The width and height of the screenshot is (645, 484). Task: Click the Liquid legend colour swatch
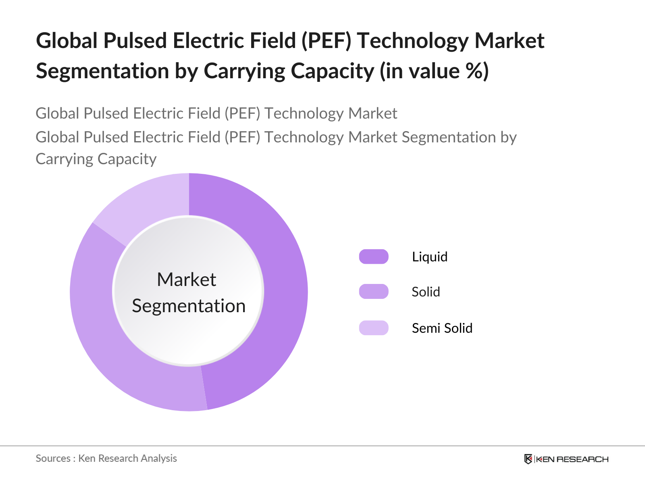click(374, 257)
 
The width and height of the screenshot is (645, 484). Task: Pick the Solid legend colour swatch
click(374, 292)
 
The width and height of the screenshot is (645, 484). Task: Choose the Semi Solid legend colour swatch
click(374, 328)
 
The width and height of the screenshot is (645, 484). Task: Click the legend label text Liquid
click(429, 257)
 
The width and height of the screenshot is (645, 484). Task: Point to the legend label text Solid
click(426, 292)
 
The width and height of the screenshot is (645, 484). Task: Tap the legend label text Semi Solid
click(442, 328)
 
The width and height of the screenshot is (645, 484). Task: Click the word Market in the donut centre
click(187, 280)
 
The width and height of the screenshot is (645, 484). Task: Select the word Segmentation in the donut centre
click(189, 306)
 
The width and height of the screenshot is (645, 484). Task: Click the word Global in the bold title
click(67, 41)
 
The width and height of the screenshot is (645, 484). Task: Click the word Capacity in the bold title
click(333, 71)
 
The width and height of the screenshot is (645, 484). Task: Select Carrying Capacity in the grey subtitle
click(96, 159)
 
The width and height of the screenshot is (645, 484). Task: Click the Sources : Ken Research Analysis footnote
click(106, 458)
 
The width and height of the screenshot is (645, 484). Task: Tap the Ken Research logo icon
click(528, 459)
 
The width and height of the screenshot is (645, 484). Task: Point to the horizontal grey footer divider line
click(322, 446)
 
